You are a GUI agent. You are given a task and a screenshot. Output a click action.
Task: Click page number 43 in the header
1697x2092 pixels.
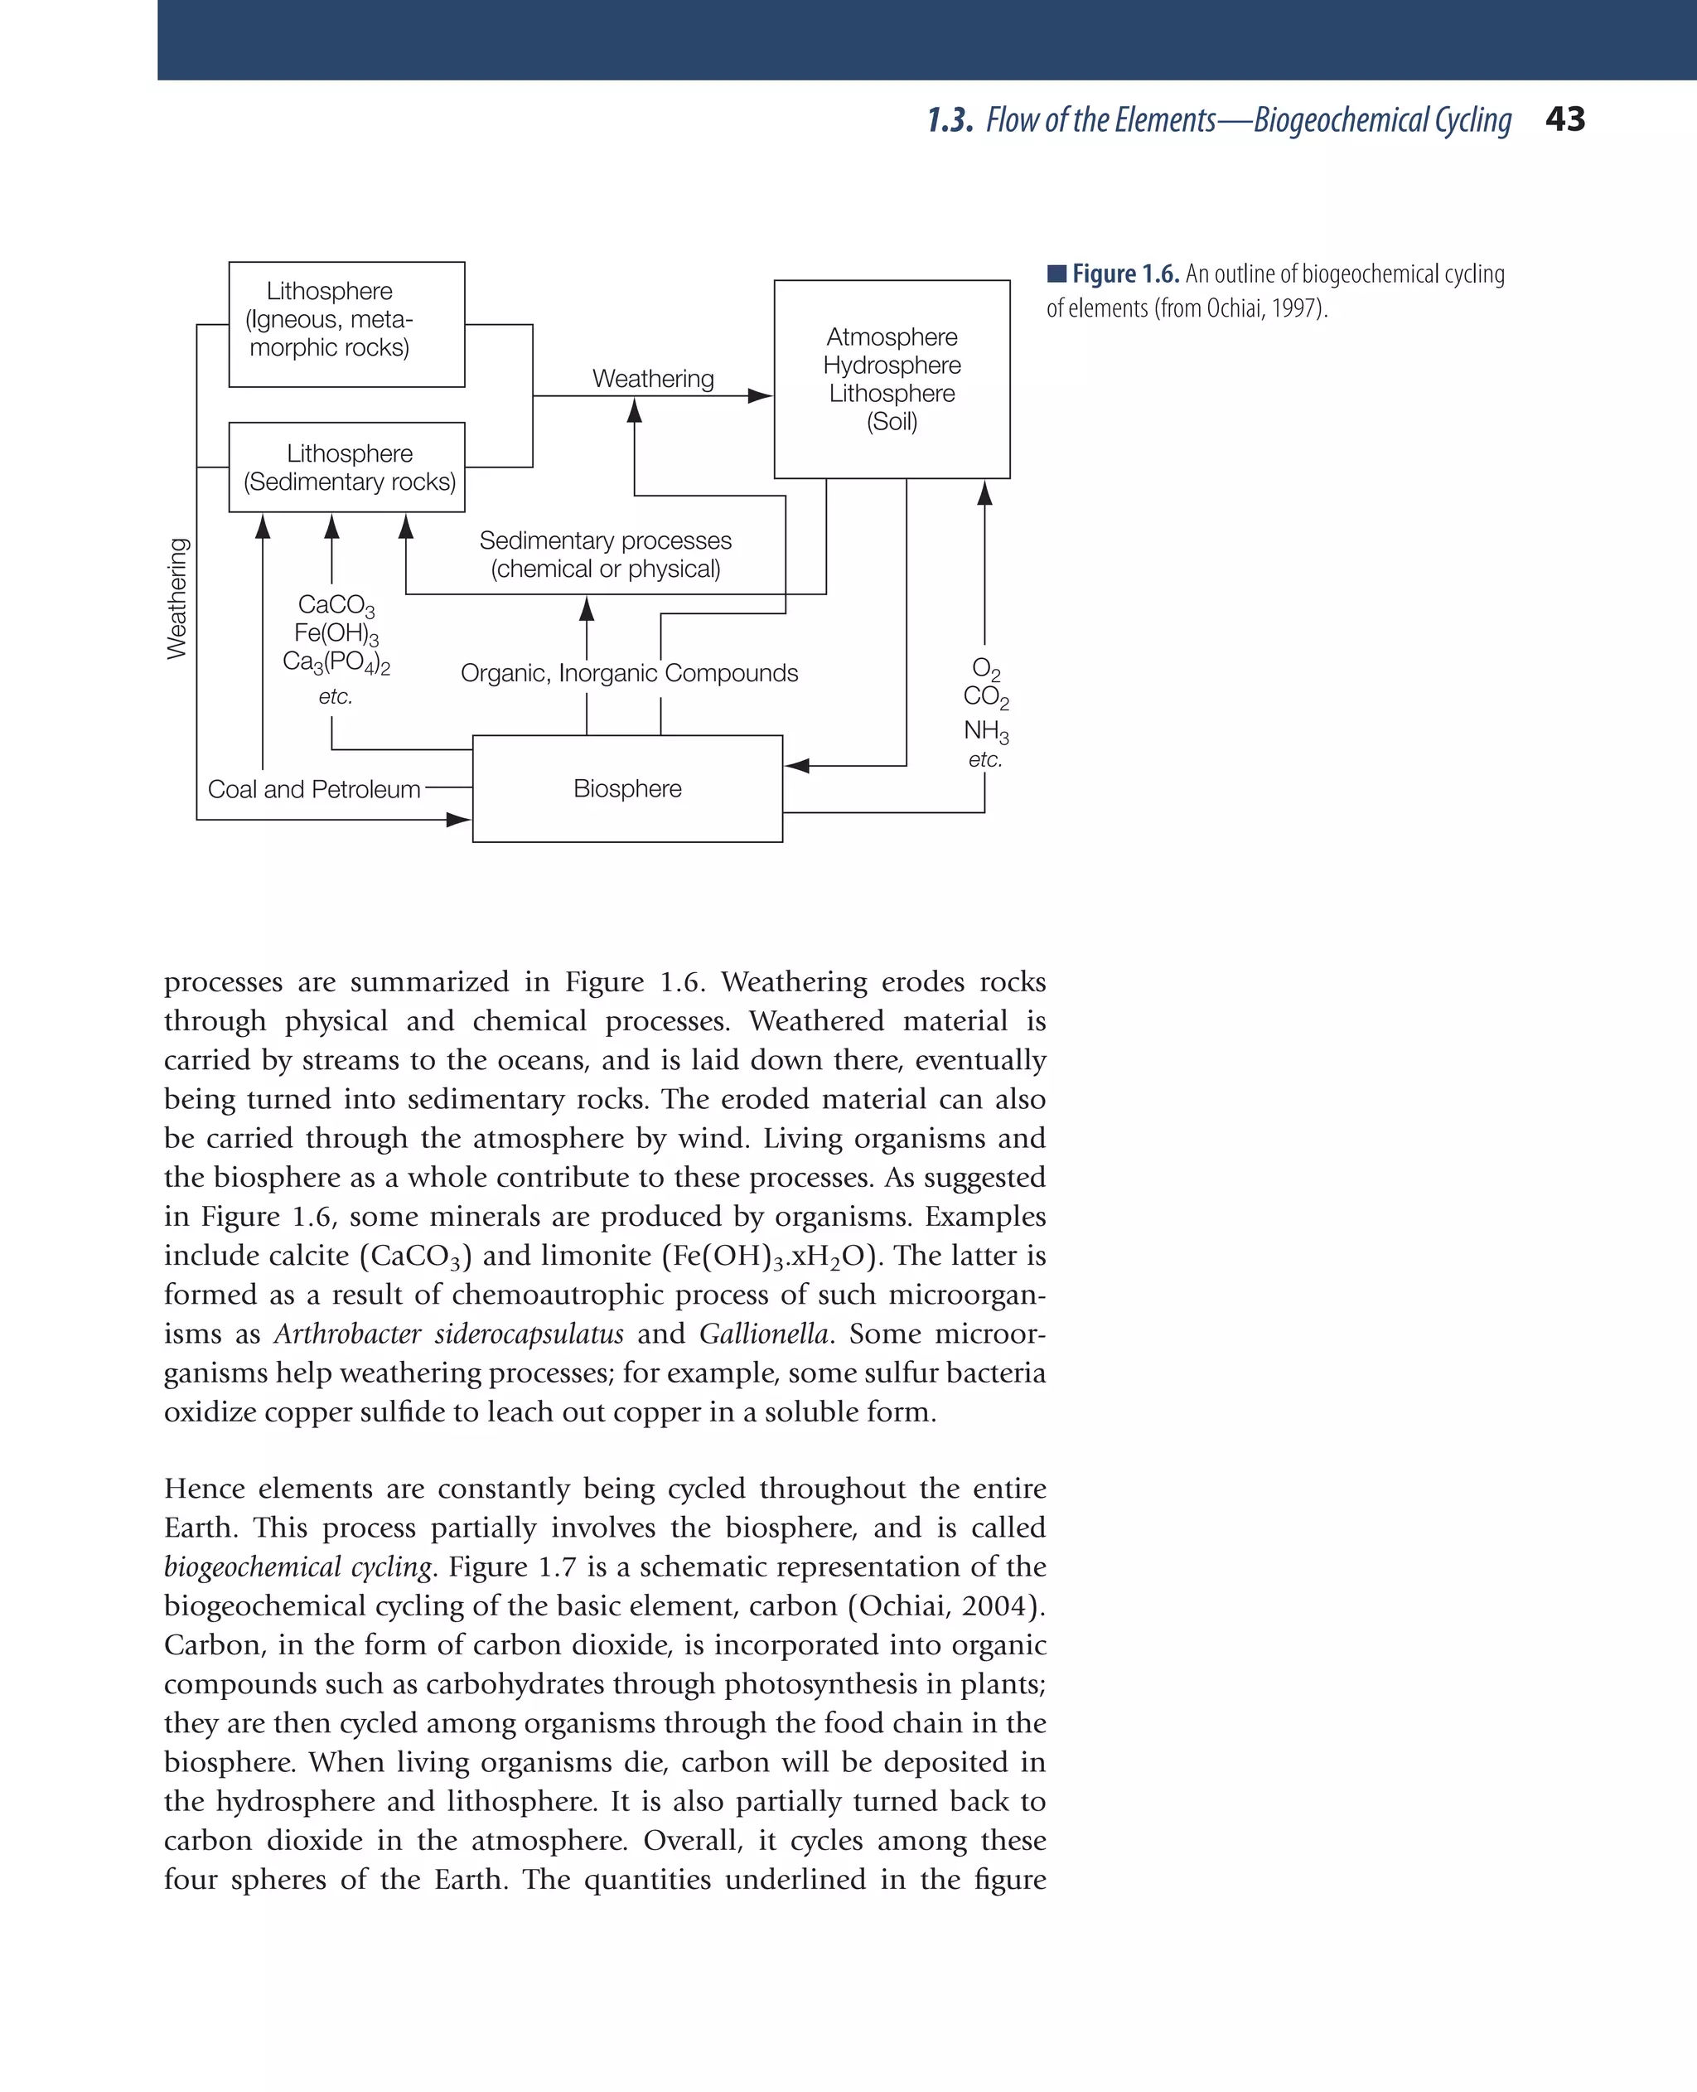1565,119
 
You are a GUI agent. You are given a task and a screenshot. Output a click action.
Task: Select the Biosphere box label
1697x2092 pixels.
626,789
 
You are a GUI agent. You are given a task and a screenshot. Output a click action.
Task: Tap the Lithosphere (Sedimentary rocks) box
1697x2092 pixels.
347,467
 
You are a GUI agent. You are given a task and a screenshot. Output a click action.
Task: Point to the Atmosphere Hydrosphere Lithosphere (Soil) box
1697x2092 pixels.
892,380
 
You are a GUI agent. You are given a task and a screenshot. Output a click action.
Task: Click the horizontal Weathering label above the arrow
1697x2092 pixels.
653,378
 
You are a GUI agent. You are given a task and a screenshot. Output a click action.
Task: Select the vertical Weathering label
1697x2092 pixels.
177,598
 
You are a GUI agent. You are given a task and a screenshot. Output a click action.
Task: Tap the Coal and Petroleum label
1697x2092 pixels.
314,789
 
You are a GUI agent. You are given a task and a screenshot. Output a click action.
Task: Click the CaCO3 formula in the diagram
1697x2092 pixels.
336,606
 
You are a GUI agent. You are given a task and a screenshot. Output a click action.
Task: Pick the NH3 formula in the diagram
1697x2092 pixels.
985,731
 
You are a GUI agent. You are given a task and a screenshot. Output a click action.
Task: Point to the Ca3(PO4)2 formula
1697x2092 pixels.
336,663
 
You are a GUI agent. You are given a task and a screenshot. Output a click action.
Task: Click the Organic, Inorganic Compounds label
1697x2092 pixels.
629,674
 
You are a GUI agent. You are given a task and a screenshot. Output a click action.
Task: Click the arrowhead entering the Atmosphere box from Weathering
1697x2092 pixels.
760,396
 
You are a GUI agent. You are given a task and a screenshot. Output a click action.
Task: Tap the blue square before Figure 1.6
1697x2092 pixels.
1056,273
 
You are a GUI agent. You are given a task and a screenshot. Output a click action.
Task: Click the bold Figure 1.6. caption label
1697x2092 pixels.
1125,274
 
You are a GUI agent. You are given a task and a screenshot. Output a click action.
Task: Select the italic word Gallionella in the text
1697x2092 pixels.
763,1334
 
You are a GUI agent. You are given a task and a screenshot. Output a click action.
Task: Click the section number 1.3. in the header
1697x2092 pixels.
950,120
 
